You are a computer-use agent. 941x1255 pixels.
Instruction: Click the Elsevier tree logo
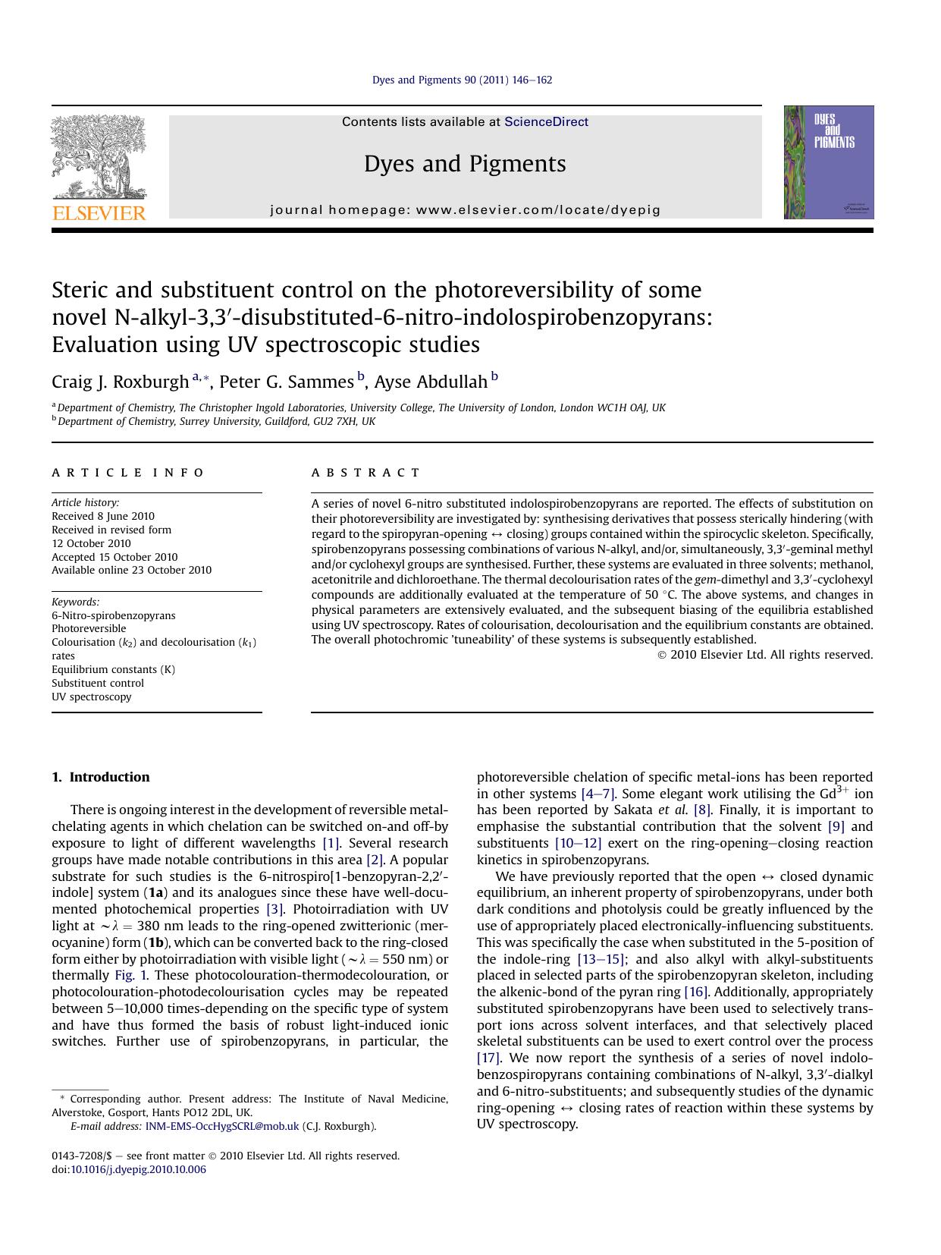click(x=99, y=156)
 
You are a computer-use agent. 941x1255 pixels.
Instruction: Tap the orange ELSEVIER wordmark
click(x=99, y=213)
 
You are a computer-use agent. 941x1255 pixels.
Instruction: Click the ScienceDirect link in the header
click(x=546, y=122)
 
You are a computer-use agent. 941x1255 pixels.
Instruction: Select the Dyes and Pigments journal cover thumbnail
click(x=828, y=162)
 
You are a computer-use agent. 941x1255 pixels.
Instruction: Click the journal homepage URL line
click(x=465, y=210)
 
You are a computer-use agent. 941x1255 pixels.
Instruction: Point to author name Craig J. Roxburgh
click(x=120, y=382)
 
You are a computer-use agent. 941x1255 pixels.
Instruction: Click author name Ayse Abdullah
click(x=431, y=382)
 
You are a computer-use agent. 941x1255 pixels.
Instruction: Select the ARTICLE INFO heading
click(x=128, y=473)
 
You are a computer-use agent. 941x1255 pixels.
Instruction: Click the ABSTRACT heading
click(x=365, y=473)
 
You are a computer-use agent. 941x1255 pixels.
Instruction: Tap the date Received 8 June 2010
click(x=103, y=516)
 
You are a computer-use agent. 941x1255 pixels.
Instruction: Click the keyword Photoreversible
click(x=89, y=628)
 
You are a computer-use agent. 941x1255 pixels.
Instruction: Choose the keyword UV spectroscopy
click(x=91, y=697)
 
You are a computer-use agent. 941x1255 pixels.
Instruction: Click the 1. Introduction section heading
click(x=101, y=777)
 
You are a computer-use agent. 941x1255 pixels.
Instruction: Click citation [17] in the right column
click(x=488, y=1058)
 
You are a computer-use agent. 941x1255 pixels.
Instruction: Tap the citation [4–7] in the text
click(x=598, y=794)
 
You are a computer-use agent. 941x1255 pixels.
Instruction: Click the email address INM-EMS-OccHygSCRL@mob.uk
click(x=222, y=1126)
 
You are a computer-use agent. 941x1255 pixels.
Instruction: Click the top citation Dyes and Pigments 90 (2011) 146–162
click(x=462, y=80)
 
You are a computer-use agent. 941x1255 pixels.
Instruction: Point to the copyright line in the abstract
click(x=765, y=655)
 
